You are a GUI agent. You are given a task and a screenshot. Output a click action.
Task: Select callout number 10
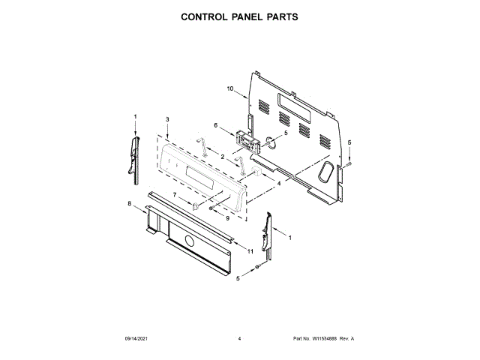click(x=230, y=89)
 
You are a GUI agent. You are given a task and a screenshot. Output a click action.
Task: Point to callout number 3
click(x=167, y=120)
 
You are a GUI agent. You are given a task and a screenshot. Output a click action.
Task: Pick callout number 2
click(x=223, y=155)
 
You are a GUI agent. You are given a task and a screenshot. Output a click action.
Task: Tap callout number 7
click(x=175, y=195)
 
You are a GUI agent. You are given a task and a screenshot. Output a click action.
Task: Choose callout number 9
click(x=228, y=217)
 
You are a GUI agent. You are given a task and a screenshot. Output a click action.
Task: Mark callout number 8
click(x=129, y=203)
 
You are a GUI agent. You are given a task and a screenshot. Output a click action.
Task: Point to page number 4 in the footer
click(x=239, y=340)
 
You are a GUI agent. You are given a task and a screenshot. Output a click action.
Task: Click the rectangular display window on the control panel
click(x=201, y=180)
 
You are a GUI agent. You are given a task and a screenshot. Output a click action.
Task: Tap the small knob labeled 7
click(x=195, y=205)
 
